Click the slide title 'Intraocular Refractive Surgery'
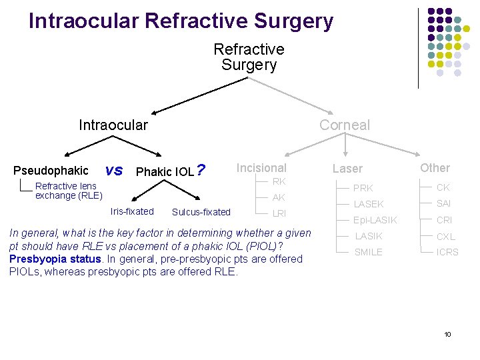pyautogui.click(x=181, y=21)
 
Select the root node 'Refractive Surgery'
pyautogui.click(x=249, y=57)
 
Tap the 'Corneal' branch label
pyautogui.click(x=344, y=125)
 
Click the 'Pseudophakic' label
pyautogui.click(x=51, y=171)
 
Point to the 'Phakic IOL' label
pyautogui.click(x=165, y=172)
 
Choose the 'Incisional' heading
pyautogui.click(x=261, y=168)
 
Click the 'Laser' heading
pyautogui.click(x=347, y=169)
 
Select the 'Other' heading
pyautogui.click(x=435, y=168)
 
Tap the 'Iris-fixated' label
pyautogui.click(x=131, y=211)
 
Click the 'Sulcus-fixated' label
pyautogui.click(x=201, y=212)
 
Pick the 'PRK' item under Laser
pyautogui.click(x=363, y=188)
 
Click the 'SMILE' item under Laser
pyautogui.click(x=368, y=252)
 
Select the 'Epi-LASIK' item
pyautogui.click(x=375, y=220)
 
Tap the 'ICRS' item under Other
pyautogui.click(x=447, y=252)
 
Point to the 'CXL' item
pyautogui.click(x=445, y=236)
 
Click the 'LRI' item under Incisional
pyautogui.click(x=279, y=213)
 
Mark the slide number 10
pyautogui.click(x=447, y=334)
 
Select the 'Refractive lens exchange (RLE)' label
pyautogui.click(x=69, y=191)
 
